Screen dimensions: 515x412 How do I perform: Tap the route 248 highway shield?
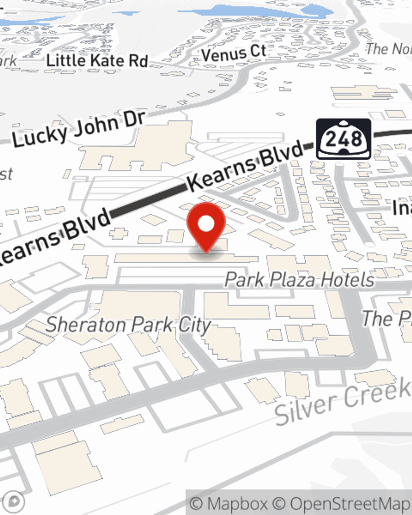344,139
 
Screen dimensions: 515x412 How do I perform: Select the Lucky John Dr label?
78,129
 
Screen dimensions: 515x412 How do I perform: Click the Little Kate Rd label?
97,61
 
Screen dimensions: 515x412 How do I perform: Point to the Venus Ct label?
234,53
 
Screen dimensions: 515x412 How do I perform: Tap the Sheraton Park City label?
129,325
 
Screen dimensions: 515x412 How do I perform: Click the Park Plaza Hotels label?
300,280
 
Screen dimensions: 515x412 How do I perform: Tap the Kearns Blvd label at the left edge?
54,237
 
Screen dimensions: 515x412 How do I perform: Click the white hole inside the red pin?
206,224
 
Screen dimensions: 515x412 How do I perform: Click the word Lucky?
40,135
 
